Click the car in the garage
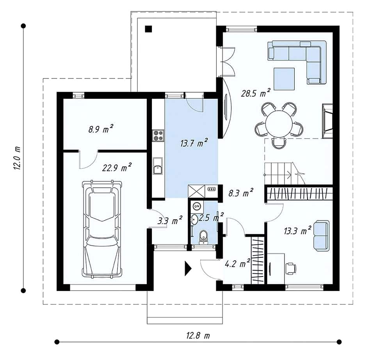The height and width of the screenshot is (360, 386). pos(102,230)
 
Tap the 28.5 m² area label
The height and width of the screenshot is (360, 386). pos(256,93)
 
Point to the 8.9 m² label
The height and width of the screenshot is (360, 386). pos(101,129)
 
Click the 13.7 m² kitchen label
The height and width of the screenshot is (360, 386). pos(194,143)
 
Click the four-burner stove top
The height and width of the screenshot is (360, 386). pos(158,135)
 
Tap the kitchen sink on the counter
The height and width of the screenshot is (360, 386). pos(158,166)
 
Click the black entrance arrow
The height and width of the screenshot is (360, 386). pos(188,268)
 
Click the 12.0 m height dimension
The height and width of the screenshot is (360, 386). pos(18,158)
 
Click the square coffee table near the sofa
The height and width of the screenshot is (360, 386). pos(284,79)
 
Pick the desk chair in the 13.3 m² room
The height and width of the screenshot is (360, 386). pos(291,268)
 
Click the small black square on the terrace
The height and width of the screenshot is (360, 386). pos(148,29)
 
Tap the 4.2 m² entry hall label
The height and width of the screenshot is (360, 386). pos(238,264)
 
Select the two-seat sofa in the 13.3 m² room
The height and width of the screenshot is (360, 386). pos(321,236)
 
